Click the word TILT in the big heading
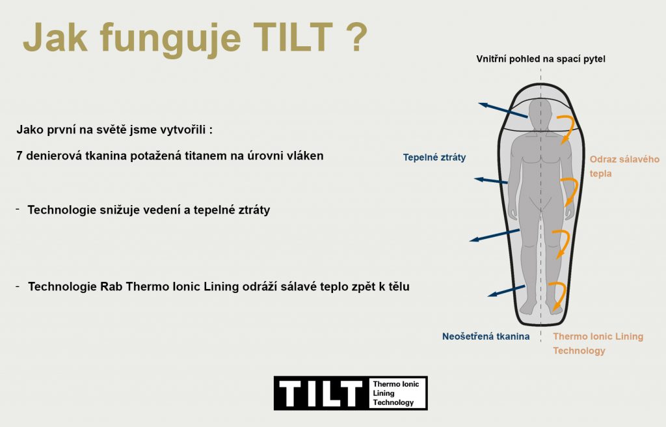(x=293, y=37)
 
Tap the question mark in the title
(x=354, y=37)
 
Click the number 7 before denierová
(x=19, y=156)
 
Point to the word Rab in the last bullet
(x=111, y=286)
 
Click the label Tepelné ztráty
(x=434, y=158)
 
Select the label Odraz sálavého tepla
(x=624, y=166)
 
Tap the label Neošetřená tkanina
(x=486, y=337)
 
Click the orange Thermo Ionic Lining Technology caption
(x=598, y=344)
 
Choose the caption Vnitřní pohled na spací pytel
(x=540, y=59)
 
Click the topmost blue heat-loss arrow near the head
(x=503, y=110)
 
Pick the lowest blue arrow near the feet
(x=506, y=291)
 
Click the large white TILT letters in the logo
(x=321, y=393)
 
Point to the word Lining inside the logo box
(x=384, y=393)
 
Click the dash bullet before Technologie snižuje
(x=18, y=209)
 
